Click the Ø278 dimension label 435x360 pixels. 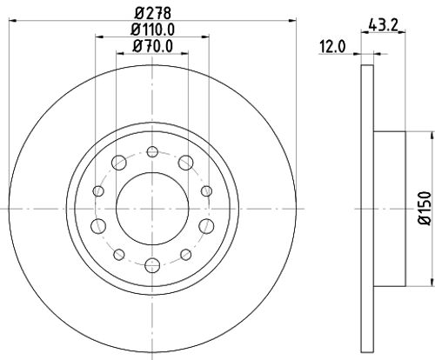click(151, 14)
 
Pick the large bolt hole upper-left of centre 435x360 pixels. click(117, 163)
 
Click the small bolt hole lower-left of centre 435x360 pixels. click(117, 255)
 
